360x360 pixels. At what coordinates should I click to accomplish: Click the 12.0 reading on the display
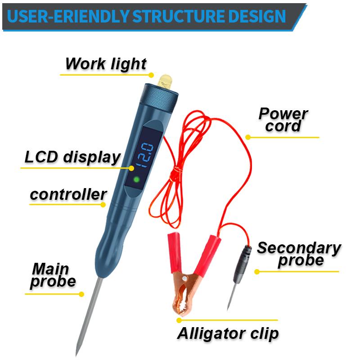pyautogui.click(x=145, y=154)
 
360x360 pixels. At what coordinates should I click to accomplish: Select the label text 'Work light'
pyautogui.click(x=106, y=63)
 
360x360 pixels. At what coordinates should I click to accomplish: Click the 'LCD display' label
pyautogui.click(x=72, y=157)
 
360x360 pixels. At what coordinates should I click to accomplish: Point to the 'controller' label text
pyautogui.click(x=68, y=195)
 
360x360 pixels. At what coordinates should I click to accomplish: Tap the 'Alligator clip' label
pyautogui.click(x=228, y=333)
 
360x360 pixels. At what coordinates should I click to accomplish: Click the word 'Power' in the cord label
pyautogui.click(x=283, y=113)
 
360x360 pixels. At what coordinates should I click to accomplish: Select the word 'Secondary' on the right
pyautogui.click(x=299, y=248)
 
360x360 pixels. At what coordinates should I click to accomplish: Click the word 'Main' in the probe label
pyautogui.click(x=50, y=270)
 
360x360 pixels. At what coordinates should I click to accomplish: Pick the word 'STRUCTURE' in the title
pyautogui.click(x=185, y=17)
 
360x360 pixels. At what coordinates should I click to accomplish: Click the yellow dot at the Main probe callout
pyautogui.click(x=81, y=294)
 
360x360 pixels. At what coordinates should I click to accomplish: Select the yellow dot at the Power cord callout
pyautogui.click(x=247, y=137)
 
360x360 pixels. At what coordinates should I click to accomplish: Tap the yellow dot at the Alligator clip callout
pyautogui.click(x=179, y=320)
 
